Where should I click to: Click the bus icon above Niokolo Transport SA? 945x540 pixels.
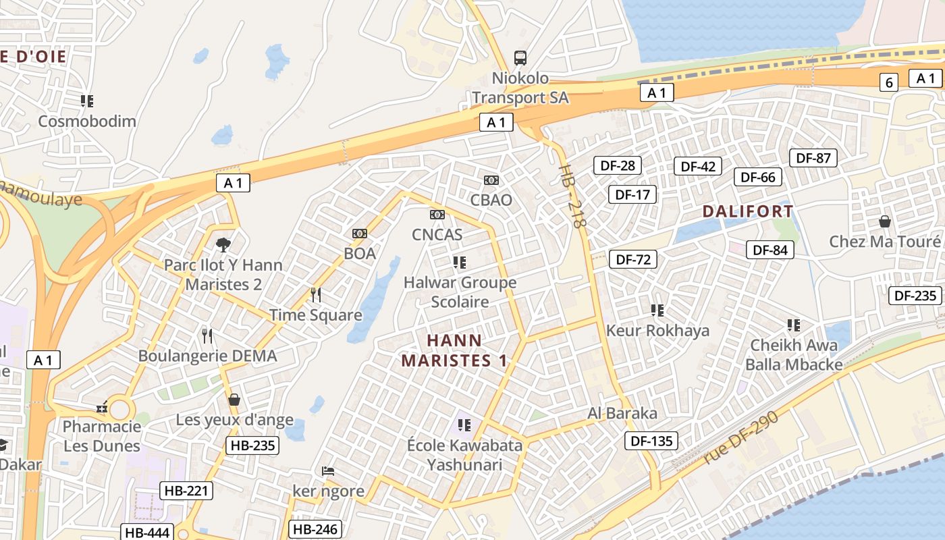tap(520, 58)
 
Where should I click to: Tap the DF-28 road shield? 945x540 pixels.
tap(617, 165)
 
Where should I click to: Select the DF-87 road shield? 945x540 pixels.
tap(813, 158)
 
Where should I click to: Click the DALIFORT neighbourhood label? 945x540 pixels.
tap(748, 211)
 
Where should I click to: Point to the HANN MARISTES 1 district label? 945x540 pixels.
tap(454, 350)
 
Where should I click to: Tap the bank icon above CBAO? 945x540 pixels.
tap(491, 180)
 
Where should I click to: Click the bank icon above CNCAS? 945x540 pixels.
tap(437, 215)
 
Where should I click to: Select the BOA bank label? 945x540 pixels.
tap(360, 254)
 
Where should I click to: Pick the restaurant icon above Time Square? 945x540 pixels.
tap(315, 294)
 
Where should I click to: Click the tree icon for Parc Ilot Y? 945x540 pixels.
tap(222, 244)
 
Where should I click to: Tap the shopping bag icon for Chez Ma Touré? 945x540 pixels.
tap(884, 221)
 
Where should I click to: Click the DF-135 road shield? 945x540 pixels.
tap(651, 441)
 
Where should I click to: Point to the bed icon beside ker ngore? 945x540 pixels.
tap(328, 470)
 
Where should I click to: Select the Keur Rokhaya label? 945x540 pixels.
tap(657, 330)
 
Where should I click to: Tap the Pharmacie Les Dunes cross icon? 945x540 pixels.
tap(102, 408)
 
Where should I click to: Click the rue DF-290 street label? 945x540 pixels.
tap(740, 437)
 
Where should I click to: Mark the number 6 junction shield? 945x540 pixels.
tap(889, 82)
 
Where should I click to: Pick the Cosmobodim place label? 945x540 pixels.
tap(87, 122)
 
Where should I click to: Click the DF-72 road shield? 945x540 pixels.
tap(632, 259)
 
